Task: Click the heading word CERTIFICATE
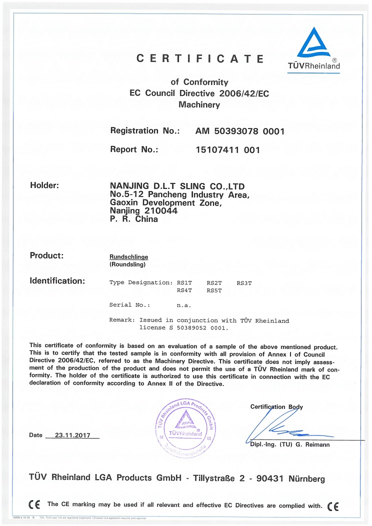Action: pyautogui.click(x=200, y=58)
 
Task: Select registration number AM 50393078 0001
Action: pyautogui.click(x=240, y=131)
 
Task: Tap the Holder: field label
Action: pyautogui.click(x=44, y=185)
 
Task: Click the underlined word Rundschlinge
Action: pyautogui.click(x=125, y=256)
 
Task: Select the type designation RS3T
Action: pyautogui.click(x=244, y=283)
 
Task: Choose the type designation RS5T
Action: pyautogui.click(x=214, y=290)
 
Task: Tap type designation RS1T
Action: pyautogui.click(x=184, y=283)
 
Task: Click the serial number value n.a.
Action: pyautogui.click(x=184, y=304)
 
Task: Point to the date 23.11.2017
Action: pyautogui.click(x=72, y=435)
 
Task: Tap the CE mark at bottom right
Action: pyautogui.click(x=332, y=505)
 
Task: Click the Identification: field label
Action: pyautogui.click(x=57, y=280)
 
